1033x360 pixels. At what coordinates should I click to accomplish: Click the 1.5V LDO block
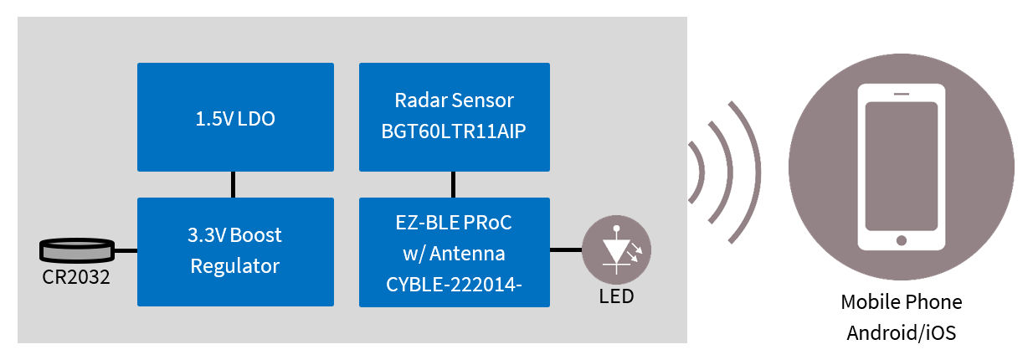click(x=234, y=117)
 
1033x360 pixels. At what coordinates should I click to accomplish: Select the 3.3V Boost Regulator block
click(x=234, y=251)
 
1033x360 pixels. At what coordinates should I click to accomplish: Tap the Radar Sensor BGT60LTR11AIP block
click(x=454, y=117)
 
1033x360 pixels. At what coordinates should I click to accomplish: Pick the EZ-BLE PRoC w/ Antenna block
click(x=454, y=251)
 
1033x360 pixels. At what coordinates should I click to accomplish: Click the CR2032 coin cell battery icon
click(x=76, y=249)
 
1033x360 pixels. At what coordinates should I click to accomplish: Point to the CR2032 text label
click(x=76, y=276)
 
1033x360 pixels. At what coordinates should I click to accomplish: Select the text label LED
click(x=616, y=296)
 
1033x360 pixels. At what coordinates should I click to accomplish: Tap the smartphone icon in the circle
click(x=901, y=167)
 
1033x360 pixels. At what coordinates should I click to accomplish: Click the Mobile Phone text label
click(x=901, y=302)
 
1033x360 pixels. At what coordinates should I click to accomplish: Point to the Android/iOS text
click(x=901, y=332)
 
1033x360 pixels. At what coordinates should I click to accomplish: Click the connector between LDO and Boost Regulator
click(x=234, y=184)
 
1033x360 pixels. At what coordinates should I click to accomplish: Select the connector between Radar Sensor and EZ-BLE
click(x=454, y=184)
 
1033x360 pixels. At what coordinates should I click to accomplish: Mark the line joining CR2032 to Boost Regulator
click(x=125, y=249)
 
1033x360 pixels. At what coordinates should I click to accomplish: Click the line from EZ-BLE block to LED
click(x=566, y=249)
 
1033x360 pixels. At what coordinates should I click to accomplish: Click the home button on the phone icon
click(x=901, y=240)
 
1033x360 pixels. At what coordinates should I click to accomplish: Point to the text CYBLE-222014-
click(x=454, y=285)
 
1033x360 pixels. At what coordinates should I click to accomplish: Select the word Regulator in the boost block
click(x=234, y=266)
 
